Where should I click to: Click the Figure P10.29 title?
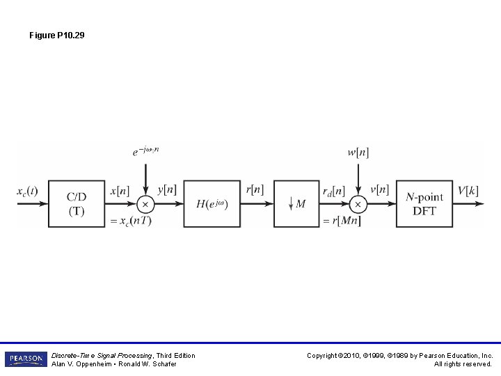(57, 35)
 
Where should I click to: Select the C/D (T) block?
(76, 203)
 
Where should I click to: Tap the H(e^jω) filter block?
(212, 203)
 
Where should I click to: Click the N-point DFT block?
(424, 203)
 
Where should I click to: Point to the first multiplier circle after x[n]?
(145, 204)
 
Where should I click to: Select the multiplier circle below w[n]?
(358, 204)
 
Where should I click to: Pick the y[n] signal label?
(167, 189)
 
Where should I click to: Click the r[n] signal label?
(255, 189)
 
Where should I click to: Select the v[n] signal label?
(379, 189)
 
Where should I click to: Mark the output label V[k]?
(468, 189)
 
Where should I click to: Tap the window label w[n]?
(358, 152)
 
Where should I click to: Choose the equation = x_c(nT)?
(132, 221)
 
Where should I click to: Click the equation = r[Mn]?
(342, 221)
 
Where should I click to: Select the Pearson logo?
(26, 359)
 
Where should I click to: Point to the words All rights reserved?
(463, 364)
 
